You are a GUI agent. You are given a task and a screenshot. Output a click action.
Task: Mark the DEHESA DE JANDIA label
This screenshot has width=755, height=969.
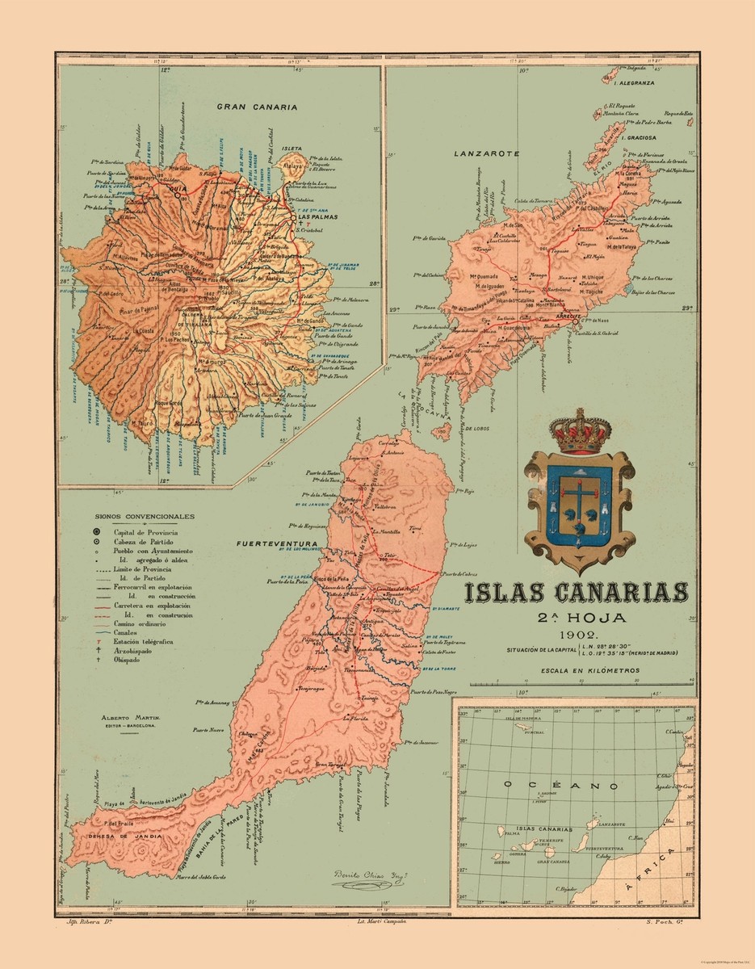tap(120, 837)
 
